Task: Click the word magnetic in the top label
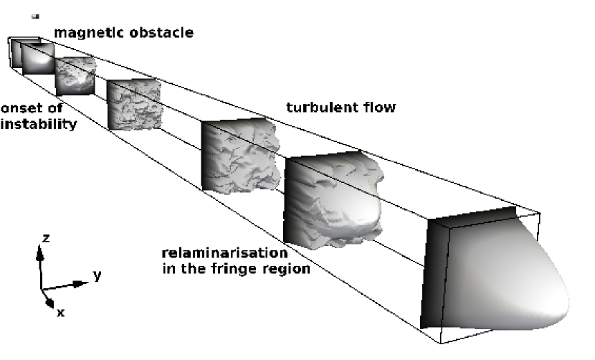coord(85,32)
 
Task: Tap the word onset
coord(21,110)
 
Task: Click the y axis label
coord(95,275)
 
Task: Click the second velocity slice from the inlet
coord(37,58)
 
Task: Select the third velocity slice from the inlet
coord(75,75)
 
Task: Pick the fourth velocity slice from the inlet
coord(134,105)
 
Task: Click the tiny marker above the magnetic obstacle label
coord(35,15)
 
